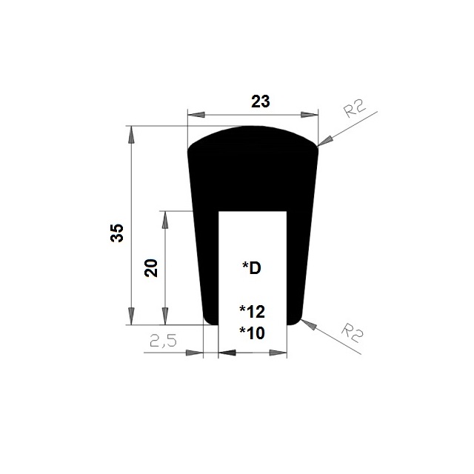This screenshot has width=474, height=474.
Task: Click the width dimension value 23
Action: (x=260, y=101)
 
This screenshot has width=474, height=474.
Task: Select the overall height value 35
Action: (x=117, y=233)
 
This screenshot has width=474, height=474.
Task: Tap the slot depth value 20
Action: (x=151, y=268)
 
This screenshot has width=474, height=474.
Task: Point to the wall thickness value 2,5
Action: (x=163, y=341)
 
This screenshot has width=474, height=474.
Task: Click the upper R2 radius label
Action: (x=355, y=108)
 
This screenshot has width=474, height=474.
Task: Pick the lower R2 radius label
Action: (x=353, y=333)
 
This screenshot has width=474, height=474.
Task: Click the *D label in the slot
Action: (x=252, y=268)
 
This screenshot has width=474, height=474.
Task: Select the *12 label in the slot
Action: (x=252, y=312)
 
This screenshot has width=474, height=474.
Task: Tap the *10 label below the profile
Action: (x=252, y=333)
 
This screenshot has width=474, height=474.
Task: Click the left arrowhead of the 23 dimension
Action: (x=196, y=115)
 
